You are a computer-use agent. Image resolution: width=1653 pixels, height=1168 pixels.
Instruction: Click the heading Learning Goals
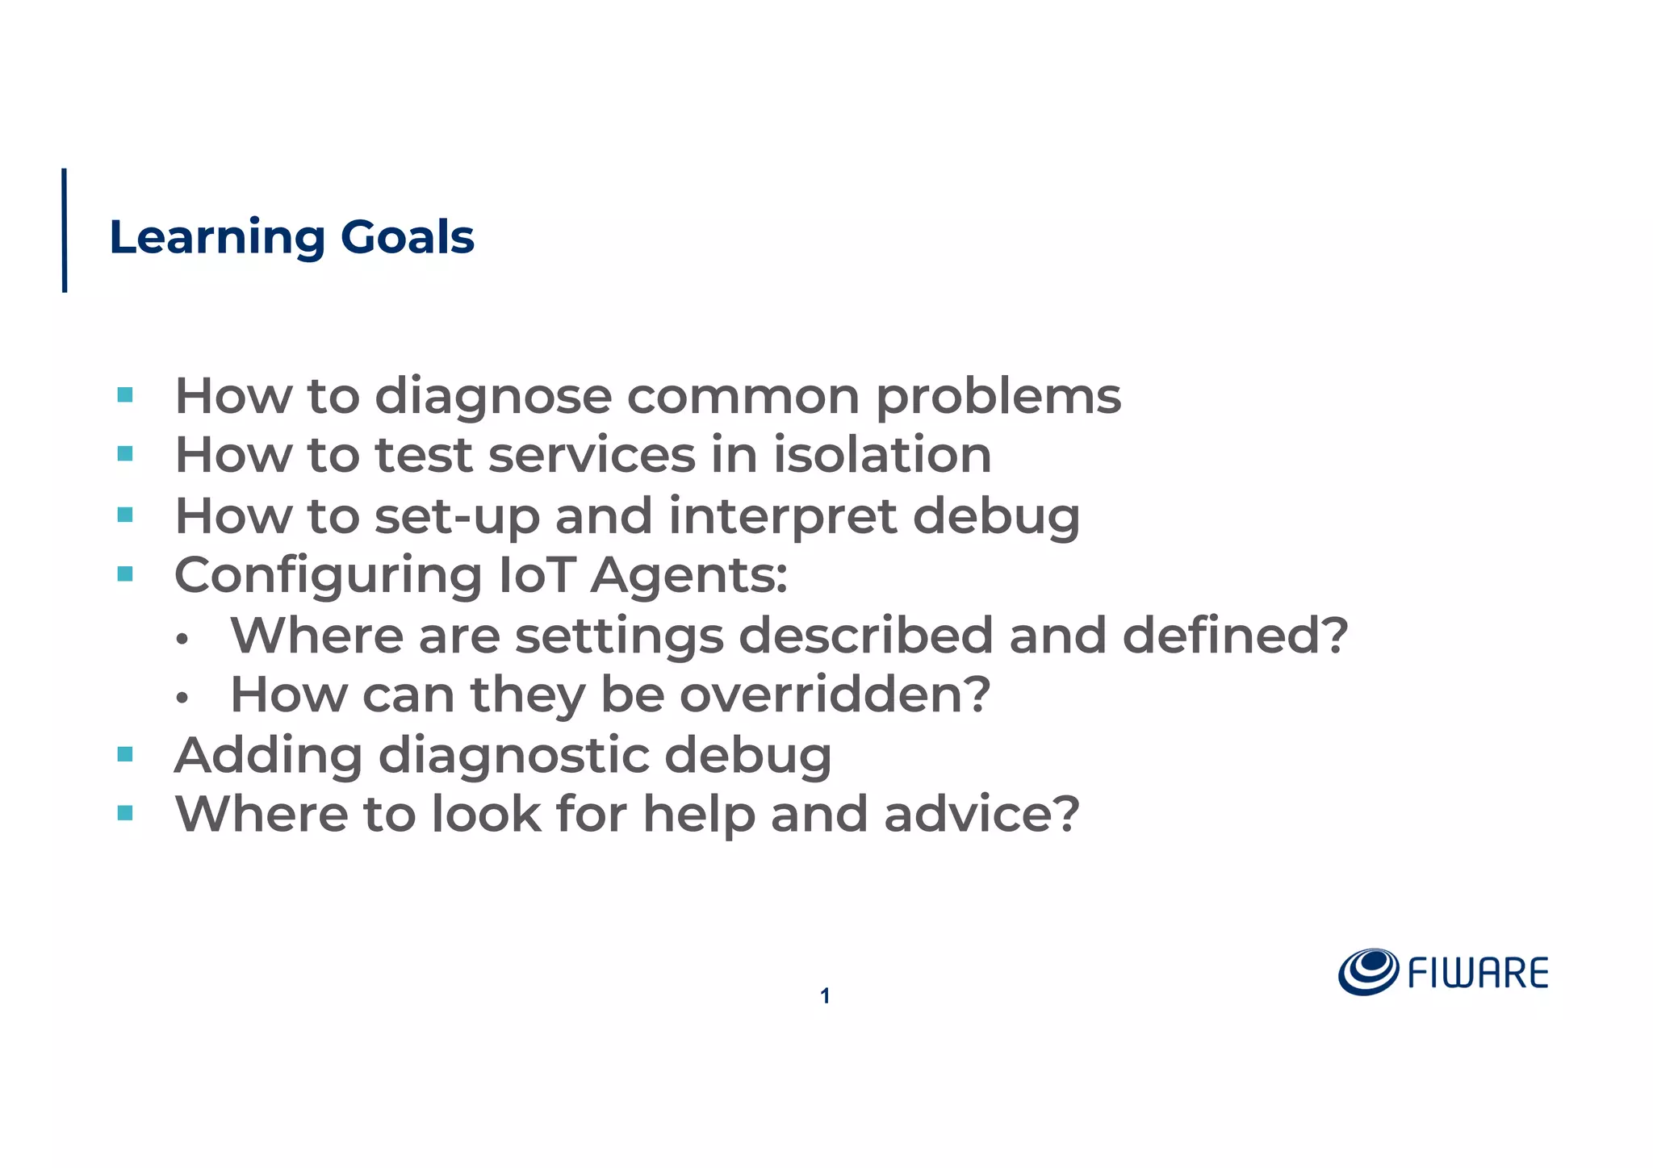(291, 237)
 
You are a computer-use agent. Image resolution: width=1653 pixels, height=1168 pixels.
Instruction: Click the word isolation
(882, 455)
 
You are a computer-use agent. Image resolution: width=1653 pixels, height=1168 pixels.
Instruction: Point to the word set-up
(457, 516)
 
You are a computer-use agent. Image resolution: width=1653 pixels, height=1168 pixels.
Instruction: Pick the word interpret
(783, 516)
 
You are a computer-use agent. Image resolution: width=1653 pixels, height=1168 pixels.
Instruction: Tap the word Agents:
(689, 575)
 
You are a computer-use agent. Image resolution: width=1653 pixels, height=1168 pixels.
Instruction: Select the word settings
(619, 636)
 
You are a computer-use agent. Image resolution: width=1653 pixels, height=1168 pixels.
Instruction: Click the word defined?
(1235, 635)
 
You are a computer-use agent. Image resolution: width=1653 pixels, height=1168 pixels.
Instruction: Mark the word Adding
(268, 756)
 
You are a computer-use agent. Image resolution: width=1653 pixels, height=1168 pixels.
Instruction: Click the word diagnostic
(513, 756)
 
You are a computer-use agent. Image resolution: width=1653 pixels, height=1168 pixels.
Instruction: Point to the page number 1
(825, 996)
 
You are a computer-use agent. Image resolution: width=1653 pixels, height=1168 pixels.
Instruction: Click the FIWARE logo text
(1478, 974)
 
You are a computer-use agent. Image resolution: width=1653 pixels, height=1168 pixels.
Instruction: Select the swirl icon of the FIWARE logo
(1368, 972)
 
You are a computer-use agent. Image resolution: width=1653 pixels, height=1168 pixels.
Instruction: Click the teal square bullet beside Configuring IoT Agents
(125, 574)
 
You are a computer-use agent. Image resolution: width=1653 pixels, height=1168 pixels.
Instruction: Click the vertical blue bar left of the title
(65, 230)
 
